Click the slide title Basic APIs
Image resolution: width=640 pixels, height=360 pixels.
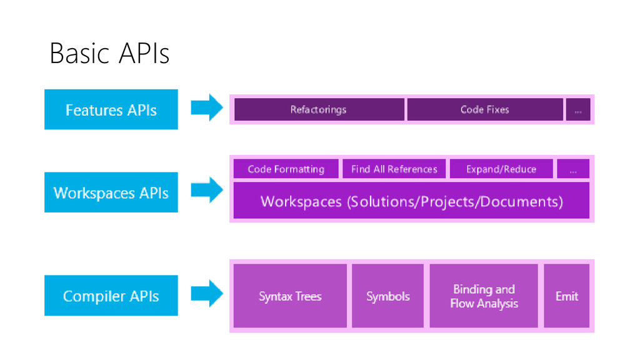[x=109, y=54]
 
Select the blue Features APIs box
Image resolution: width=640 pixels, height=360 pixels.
[x=111, y=109]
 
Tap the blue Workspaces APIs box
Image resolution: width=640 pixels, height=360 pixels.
[x=111, y=192]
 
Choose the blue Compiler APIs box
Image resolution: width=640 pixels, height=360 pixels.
[x=111, y=296]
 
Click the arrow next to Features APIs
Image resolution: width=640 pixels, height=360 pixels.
[x=207, y=107]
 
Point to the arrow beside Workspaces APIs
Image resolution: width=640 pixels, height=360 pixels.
[x=207, y=190]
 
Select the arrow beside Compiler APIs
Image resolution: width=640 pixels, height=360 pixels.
[x=207, y=294]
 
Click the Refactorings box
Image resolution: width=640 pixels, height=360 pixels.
[x=319, y=109]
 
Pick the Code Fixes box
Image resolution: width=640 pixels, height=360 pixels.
[x=485, y=109]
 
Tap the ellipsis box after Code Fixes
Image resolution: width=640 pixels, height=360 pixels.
[x=578, y=109]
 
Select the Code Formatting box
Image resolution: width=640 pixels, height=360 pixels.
[x=286, y=169]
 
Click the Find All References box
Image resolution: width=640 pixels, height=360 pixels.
[x=394, y=169]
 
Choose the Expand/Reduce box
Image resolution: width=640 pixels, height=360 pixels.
[x=501, y=169]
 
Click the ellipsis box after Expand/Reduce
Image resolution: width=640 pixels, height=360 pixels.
[x=573, y=169]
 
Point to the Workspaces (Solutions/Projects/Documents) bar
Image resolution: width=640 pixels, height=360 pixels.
[x=411, y=201]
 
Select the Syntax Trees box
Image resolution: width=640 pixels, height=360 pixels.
[x=290, y=296]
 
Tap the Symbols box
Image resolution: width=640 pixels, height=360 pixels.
[x=387, y=296]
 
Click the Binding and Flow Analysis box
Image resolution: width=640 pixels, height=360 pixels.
[x=484, y=296]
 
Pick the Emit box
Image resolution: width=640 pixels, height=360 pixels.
[x=566, y=296]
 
